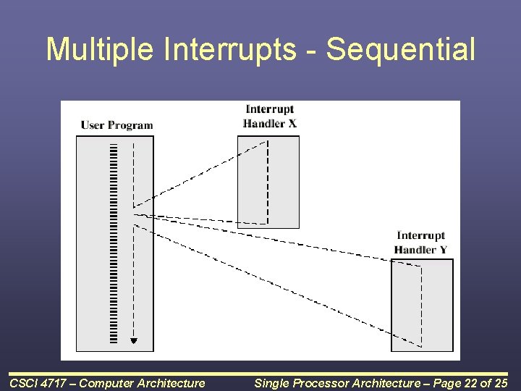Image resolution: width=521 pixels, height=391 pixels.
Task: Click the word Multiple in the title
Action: [x=100, y=50]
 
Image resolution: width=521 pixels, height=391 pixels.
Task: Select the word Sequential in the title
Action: [x=401, y=49]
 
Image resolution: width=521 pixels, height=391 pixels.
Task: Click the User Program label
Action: [x=117, y=125]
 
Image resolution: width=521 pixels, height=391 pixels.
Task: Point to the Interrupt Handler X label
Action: [x=269, y=117]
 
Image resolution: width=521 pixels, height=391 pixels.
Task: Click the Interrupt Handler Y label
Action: [x=420, y=243]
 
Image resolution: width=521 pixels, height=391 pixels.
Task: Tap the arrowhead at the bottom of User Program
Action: [x=134, y=341]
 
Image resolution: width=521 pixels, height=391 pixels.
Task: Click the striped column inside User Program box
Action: [x=114, y=243]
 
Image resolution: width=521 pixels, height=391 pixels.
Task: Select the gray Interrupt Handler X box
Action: [x=268, y=182]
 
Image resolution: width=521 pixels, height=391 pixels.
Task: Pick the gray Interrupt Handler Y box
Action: [x=422, y=305]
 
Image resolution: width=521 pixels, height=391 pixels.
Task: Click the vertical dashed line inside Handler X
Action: [x=268, y=182]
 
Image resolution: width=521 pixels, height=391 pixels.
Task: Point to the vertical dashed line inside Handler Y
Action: [x=422, y=306]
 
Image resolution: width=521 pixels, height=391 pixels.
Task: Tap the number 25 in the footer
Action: [x=501, y=383]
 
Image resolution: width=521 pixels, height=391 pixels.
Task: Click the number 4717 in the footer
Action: [x=52, y=383]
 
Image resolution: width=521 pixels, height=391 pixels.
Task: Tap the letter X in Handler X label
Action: [x=292, y=124]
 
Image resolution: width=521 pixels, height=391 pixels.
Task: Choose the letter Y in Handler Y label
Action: [x=444, y=250]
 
